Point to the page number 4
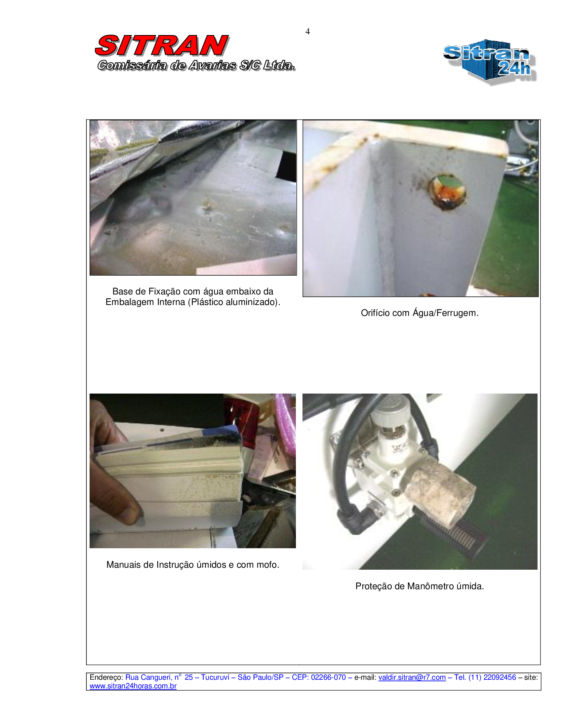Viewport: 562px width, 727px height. pos(308,31)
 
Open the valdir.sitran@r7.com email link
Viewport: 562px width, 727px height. pos(412,677)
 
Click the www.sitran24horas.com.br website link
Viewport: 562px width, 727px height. pos(133,686)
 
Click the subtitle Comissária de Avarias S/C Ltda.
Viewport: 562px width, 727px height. pos(196,65)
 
